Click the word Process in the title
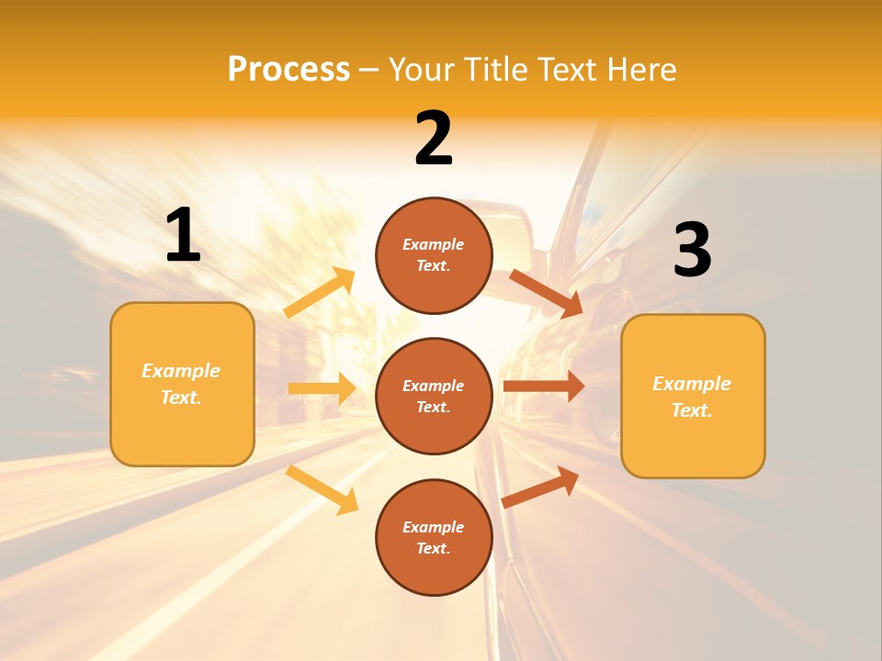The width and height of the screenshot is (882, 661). pyautogui.click(x=288, y=69)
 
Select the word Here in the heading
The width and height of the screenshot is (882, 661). pyautogui.click(x=640, y=69)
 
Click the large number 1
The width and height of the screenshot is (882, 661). pyautogui.click(x=183, y=236)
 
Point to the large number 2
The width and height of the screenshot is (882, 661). pyautogui.click(x=434, y=139)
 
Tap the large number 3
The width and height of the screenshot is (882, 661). pyautogui.click(x=692, y=251)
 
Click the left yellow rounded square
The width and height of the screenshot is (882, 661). pyautogui.click(x=182, y=384)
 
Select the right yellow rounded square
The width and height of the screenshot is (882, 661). pyautogui.click(x=693, y=397)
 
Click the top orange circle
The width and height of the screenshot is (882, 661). pyautogui.click(x=434, y=255)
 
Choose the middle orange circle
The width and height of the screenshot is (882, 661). pyautogui.click(x=434, y=396)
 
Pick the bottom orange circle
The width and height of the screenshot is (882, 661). pyautogui.click(x=434, y=537)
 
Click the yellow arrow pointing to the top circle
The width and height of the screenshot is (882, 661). pyautogui.click(x=320, y=293)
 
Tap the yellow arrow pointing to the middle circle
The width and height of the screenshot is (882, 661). pyautogui.click(x=322, y=388)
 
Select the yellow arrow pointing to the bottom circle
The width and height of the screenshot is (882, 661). pyautogui.click(x=322, y=489)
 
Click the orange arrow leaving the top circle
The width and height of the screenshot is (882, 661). pyautogui.click(x=546, y=293)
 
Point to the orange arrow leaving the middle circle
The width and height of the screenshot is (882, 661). pyautogui.click(x=544, y=387)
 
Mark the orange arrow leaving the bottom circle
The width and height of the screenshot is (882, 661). pyautogui.click(x=541, y=487)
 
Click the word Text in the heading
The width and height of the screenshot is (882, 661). pyautogui.click(x=571, y=69)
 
